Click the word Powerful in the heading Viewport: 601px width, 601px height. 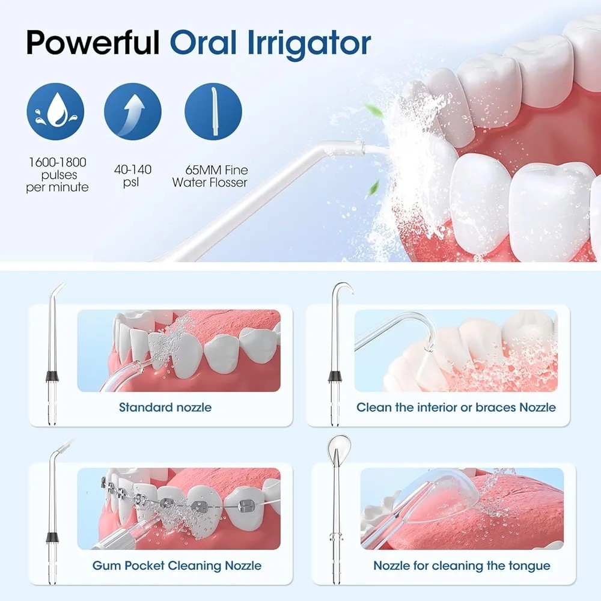pos(93,43)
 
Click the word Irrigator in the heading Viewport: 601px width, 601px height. pos(310,43)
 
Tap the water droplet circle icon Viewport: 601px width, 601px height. pos(55,112)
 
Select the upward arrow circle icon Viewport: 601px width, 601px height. pos(133,112)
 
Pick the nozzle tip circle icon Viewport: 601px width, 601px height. pos(213,112)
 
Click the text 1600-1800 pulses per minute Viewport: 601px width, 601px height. pos(58,174)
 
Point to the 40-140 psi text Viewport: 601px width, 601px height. pos(133,175)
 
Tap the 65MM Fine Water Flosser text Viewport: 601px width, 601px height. pos(210,176)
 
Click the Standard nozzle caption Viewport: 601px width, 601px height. pos(165,407)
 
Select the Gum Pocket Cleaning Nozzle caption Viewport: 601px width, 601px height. pos(177,566)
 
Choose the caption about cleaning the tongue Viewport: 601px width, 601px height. pos(462,566)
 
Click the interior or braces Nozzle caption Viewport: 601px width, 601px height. pos(456,407)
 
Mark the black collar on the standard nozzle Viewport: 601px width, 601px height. pos(52,376)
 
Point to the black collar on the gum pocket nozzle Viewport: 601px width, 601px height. pos(52,537)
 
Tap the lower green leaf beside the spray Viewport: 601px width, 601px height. pos(373,188)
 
